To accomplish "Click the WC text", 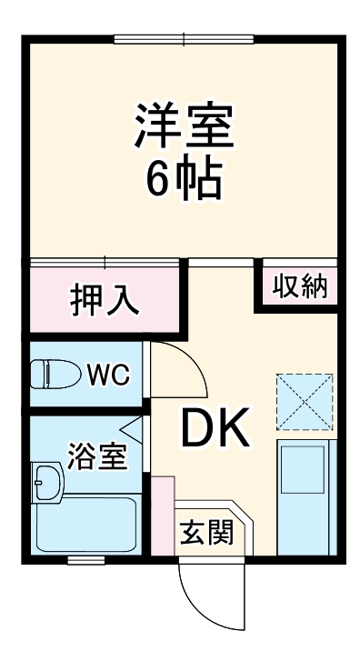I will [x=108, y=374].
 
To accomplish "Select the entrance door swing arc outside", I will [x=215, y=596].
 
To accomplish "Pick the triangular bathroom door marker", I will [x=131, y=428].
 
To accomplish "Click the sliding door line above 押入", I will [x=105, y=262].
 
